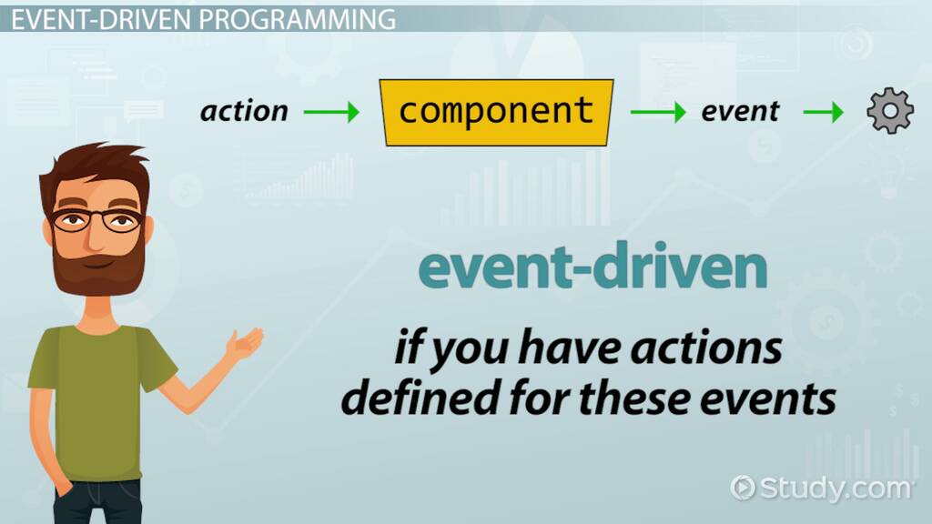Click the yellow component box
[x=496, y=112]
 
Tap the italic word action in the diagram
[x=244, y=111]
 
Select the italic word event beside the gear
[x=740, y=111]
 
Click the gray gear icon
[x=890, y=110]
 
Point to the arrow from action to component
[x=331, y=112]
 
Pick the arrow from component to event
[x=658, y=112]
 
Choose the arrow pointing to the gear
[x=823, y=112]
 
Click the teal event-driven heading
[x=593, y=267]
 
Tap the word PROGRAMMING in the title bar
[x=298, y=20]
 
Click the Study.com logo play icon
[x=743, y=488]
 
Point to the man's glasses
[x=96, y=220]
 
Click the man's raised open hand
[x=244, y=343]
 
